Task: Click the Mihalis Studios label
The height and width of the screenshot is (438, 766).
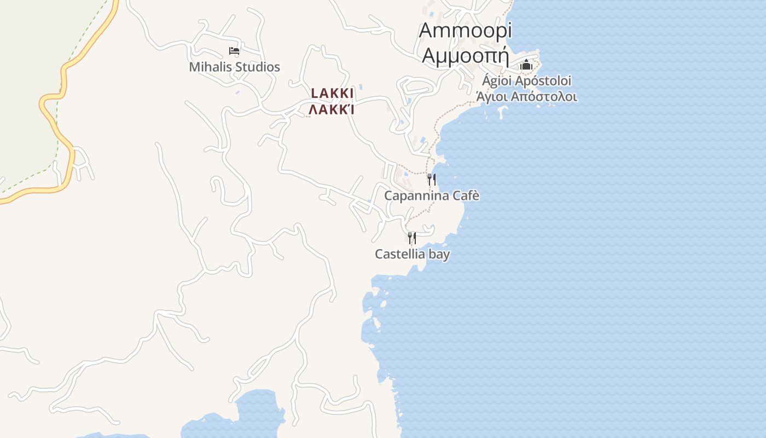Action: [234, 67]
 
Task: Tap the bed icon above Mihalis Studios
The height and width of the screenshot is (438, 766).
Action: [234, 51]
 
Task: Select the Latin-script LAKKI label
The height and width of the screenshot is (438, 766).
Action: [332, 93]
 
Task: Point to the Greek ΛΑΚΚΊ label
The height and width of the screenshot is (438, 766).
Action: [332, 109]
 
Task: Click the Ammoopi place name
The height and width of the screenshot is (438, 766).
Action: [465, 31]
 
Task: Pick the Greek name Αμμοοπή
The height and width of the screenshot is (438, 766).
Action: [466, 55]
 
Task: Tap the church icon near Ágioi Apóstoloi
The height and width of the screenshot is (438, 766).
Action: [526, 65]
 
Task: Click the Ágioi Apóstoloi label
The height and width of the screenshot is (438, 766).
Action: [526, 81]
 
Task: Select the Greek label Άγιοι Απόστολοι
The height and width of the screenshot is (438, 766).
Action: [526, 97]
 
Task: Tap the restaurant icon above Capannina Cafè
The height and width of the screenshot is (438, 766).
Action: [432, 179]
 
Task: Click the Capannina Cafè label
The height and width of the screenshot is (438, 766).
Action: [432, 195]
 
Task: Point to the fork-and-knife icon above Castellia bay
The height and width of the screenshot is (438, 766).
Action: [411, 238]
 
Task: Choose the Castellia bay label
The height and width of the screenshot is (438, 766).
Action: [412, 254]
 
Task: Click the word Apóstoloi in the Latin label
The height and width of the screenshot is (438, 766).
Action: [544, 81]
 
